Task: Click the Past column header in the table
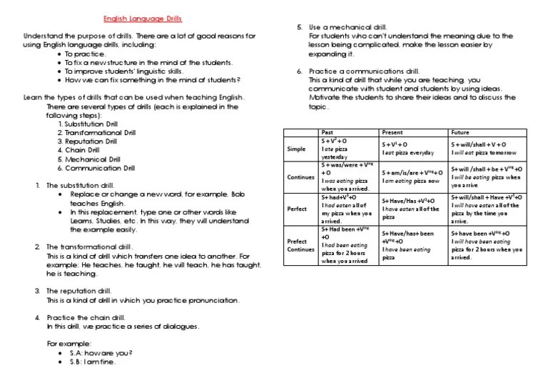328,132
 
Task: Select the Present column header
392,132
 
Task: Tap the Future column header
460,132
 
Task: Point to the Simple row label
296,149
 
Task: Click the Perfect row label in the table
296,209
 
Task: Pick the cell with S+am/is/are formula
412,176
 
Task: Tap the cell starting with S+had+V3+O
347,209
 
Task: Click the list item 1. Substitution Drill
92,124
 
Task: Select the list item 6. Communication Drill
99,168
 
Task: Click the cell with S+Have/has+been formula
412,245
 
